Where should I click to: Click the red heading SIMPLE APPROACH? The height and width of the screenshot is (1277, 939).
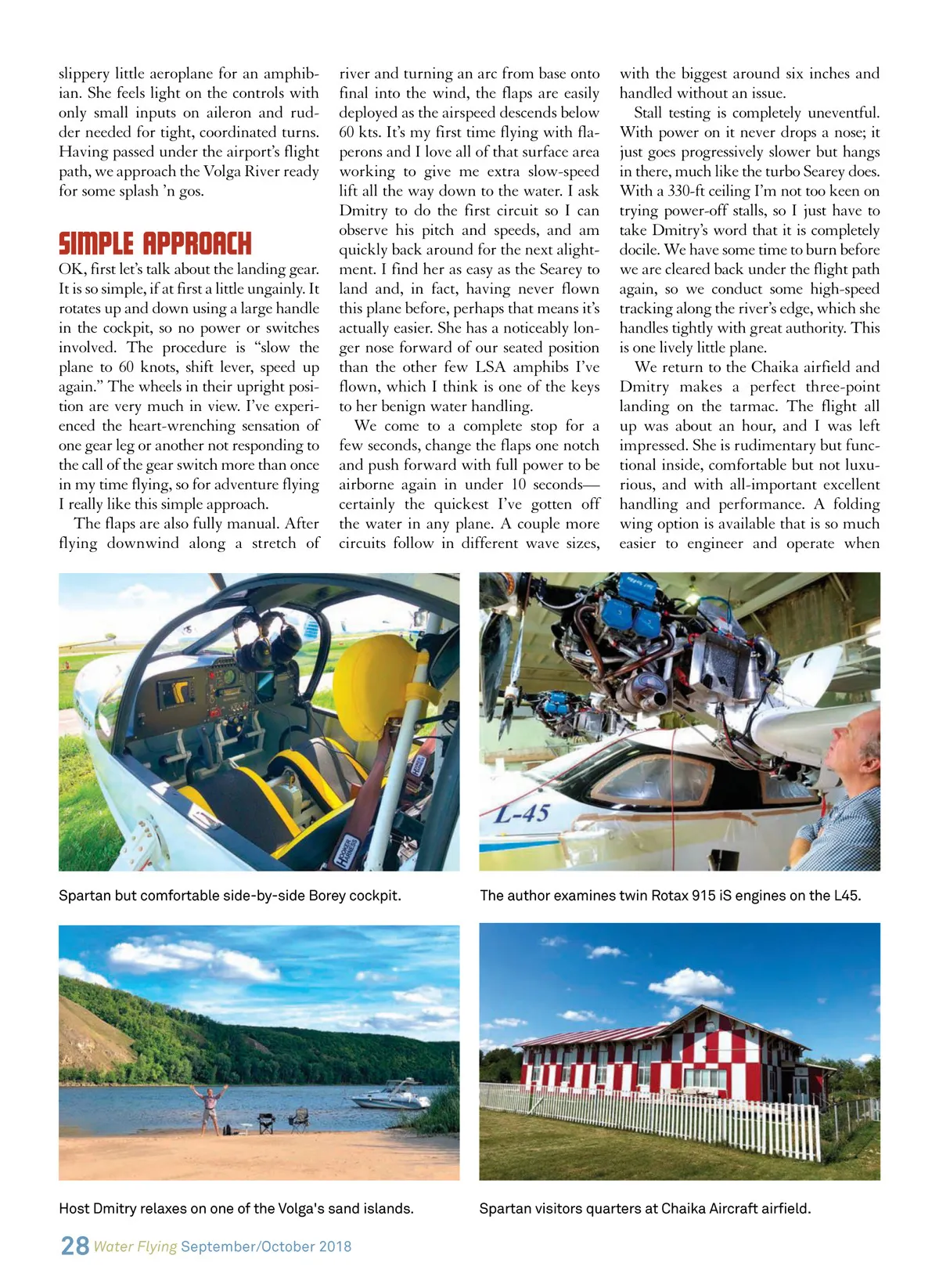click(155, 243)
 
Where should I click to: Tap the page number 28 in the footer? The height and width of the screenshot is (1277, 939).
click(74, 1246)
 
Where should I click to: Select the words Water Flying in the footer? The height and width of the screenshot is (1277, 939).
click(135, 1246)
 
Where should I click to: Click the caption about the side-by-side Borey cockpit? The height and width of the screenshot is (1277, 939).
click(229, 895)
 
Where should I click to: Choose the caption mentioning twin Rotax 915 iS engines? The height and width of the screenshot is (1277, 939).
click(670, 895)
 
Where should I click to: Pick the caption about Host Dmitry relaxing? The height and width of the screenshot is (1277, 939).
click(236, 1208)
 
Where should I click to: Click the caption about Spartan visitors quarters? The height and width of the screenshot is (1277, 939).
click(645, 1208)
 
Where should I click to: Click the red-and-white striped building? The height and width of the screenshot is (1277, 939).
click(665, 1053)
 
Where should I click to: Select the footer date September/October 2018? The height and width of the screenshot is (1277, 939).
click(266, 1246)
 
